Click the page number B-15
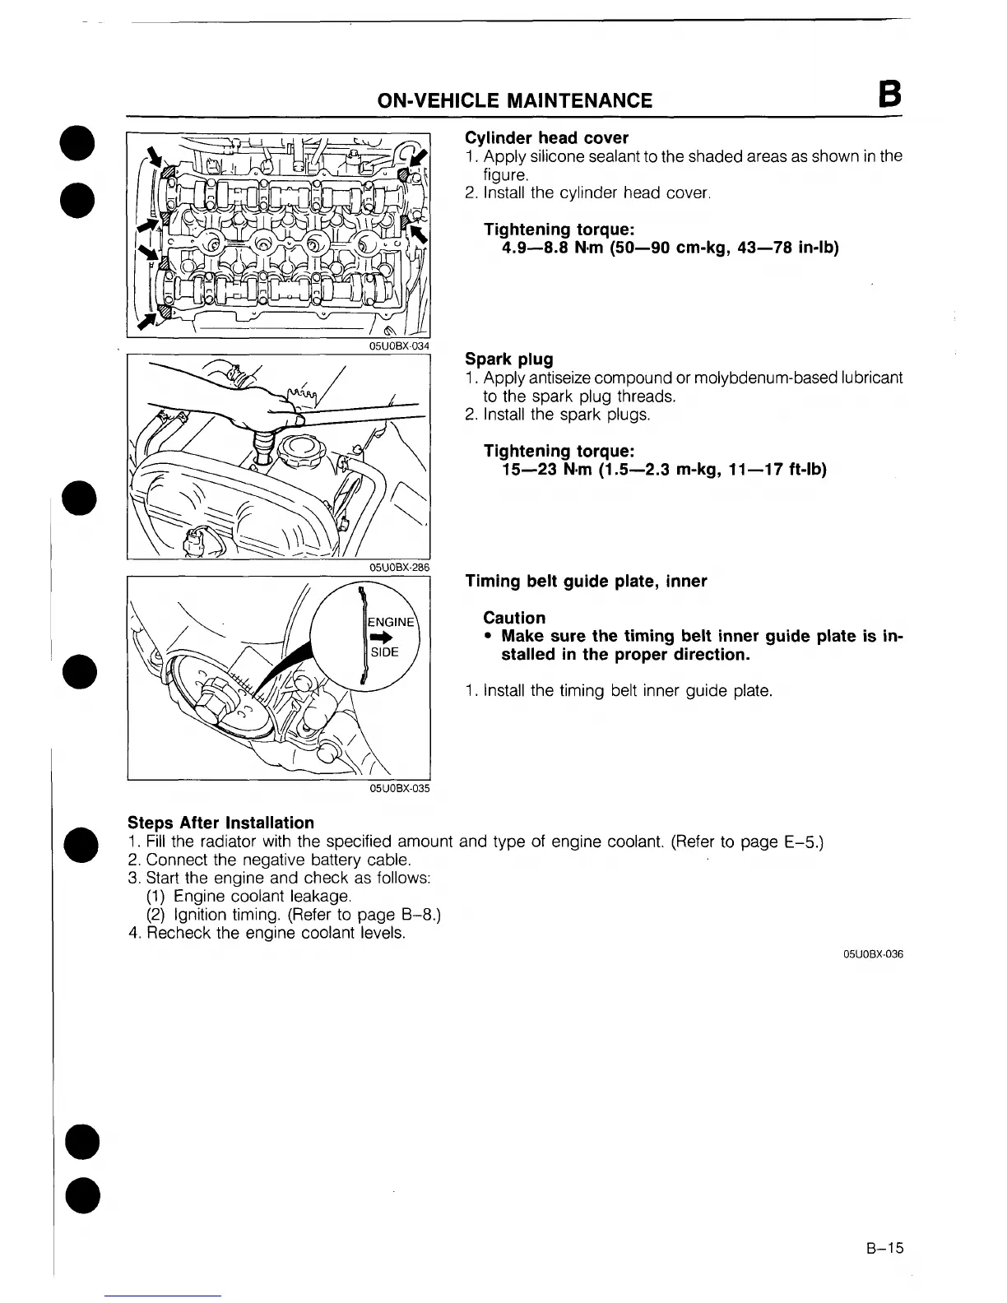[x=884, y=1248]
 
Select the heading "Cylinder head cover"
[x=546, y=137]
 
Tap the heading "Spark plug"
[x=508, y=359]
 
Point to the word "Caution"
[x=514, y=618]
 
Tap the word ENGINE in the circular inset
[x=391, y=622]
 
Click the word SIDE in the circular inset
[x=384, y=652]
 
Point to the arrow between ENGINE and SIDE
[x=381, y=637]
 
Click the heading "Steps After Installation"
[x=220, y=823]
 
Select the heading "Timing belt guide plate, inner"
[x=586, y=582]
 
